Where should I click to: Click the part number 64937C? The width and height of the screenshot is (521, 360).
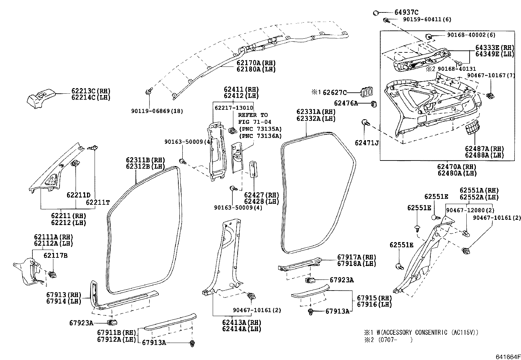(406, 12)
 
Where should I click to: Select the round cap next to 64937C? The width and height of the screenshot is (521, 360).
(376, 13)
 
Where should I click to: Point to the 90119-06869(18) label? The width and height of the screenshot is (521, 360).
(157, 111)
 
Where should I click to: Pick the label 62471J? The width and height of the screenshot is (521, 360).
(367, 143)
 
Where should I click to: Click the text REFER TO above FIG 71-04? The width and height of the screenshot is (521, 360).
(253, 115)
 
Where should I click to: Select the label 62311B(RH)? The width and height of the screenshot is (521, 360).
(145, 160)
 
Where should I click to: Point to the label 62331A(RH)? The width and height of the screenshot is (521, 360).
(316, 112)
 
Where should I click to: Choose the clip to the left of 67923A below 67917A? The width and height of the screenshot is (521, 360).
(310, 280)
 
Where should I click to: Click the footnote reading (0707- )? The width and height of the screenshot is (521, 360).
(393, 340)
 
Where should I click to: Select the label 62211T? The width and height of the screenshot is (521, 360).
(98, 202)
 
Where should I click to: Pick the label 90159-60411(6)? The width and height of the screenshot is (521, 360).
(427, 20)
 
